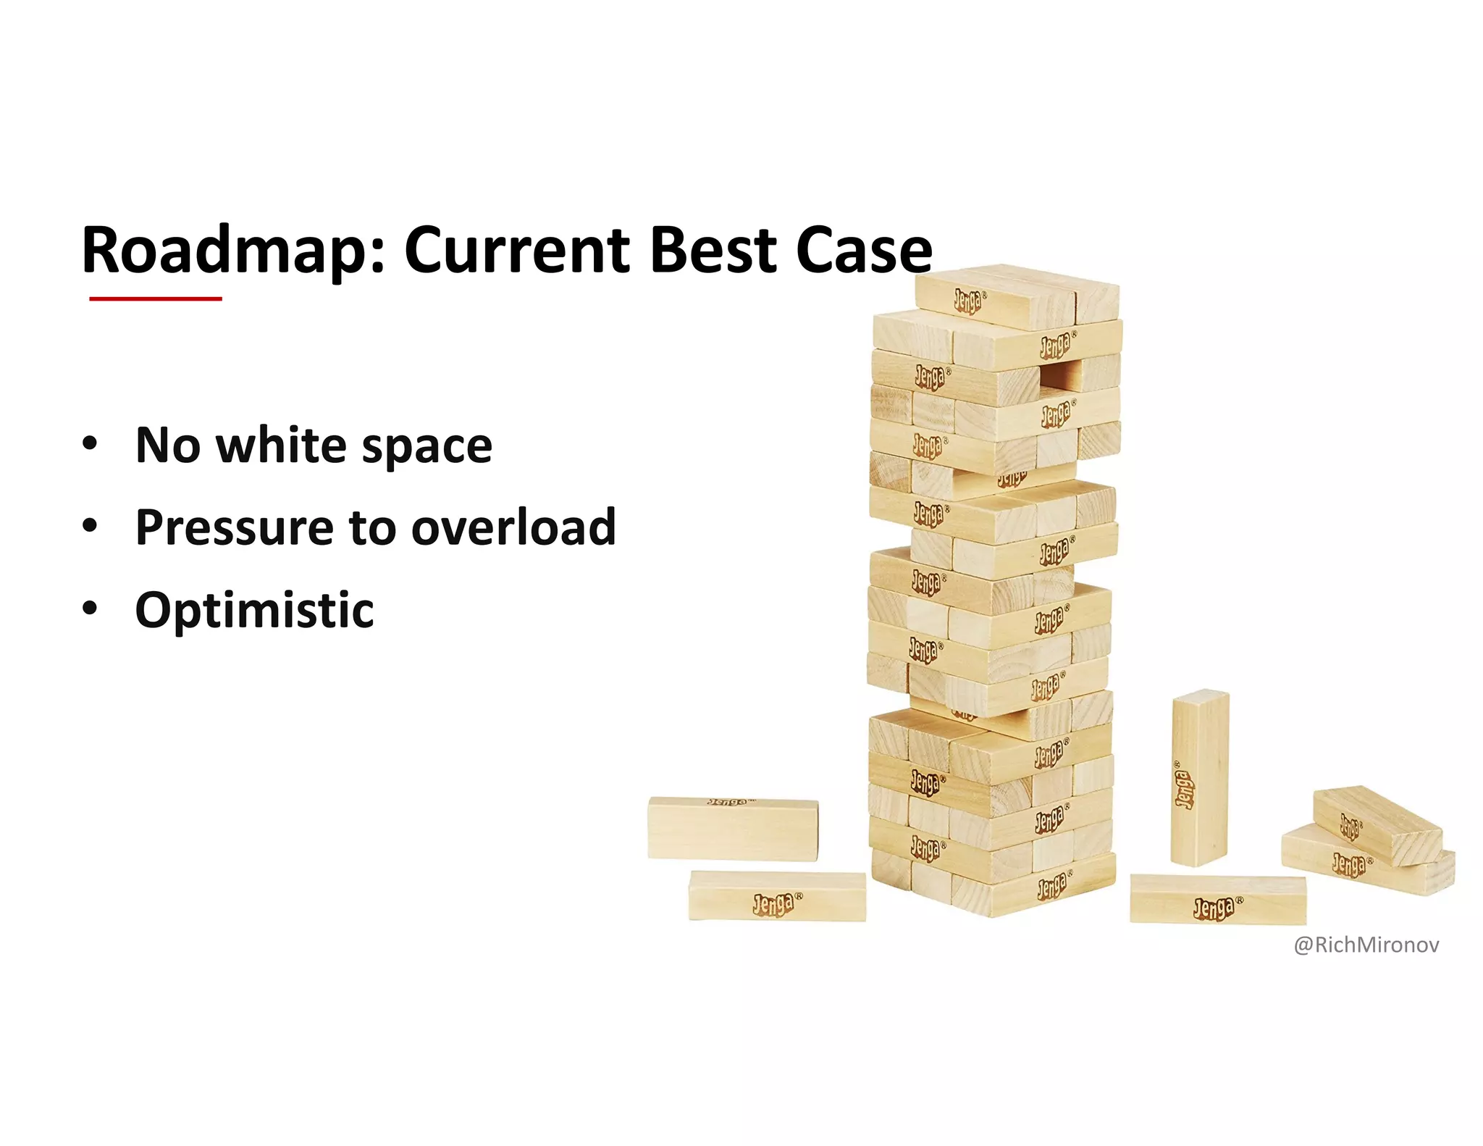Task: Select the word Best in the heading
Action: pyautogui.click(x=713, y=250)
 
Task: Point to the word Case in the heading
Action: pyautogui.click(x=864, y=250)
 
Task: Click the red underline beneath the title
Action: pyautogui.click(x=155, y=298)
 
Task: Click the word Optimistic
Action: pyautogui.click(x=254, y=611)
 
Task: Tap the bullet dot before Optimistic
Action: pyautogui.click(x=89, y=608)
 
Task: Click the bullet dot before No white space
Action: pyautogui.click(x=89, y=443)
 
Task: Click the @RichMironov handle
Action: pyautogui.click(x=1366, y=945)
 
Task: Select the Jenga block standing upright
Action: pyautogui.click(x=1199, y=778)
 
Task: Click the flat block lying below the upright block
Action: pyautogui.click(x=1217, y=900)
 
